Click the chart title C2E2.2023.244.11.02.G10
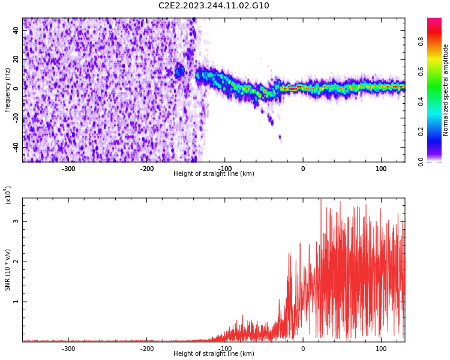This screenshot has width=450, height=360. pos(214,6)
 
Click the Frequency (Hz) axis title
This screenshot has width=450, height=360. pos(8,90)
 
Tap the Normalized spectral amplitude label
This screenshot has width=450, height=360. pos(446,90)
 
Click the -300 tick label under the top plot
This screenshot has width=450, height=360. pos(68,169)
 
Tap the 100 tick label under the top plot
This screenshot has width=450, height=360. pos(381,169)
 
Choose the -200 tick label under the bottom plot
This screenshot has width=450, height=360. pos(146,349)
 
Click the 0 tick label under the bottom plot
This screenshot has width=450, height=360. pos(303,349)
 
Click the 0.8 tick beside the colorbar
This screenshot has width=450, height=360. pos(438,41)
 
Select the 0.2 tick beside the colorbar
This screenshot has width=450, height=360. pos(438,131)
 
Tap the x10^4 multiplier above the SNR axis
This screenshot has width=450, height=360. pos(8,195)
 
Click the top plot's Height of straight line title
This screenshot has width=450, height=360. pos(214,174)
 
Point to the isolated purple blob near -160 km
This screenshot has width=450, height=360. pos(179,71)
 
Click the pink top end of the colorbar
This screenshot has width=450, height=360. pos(434,21)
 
